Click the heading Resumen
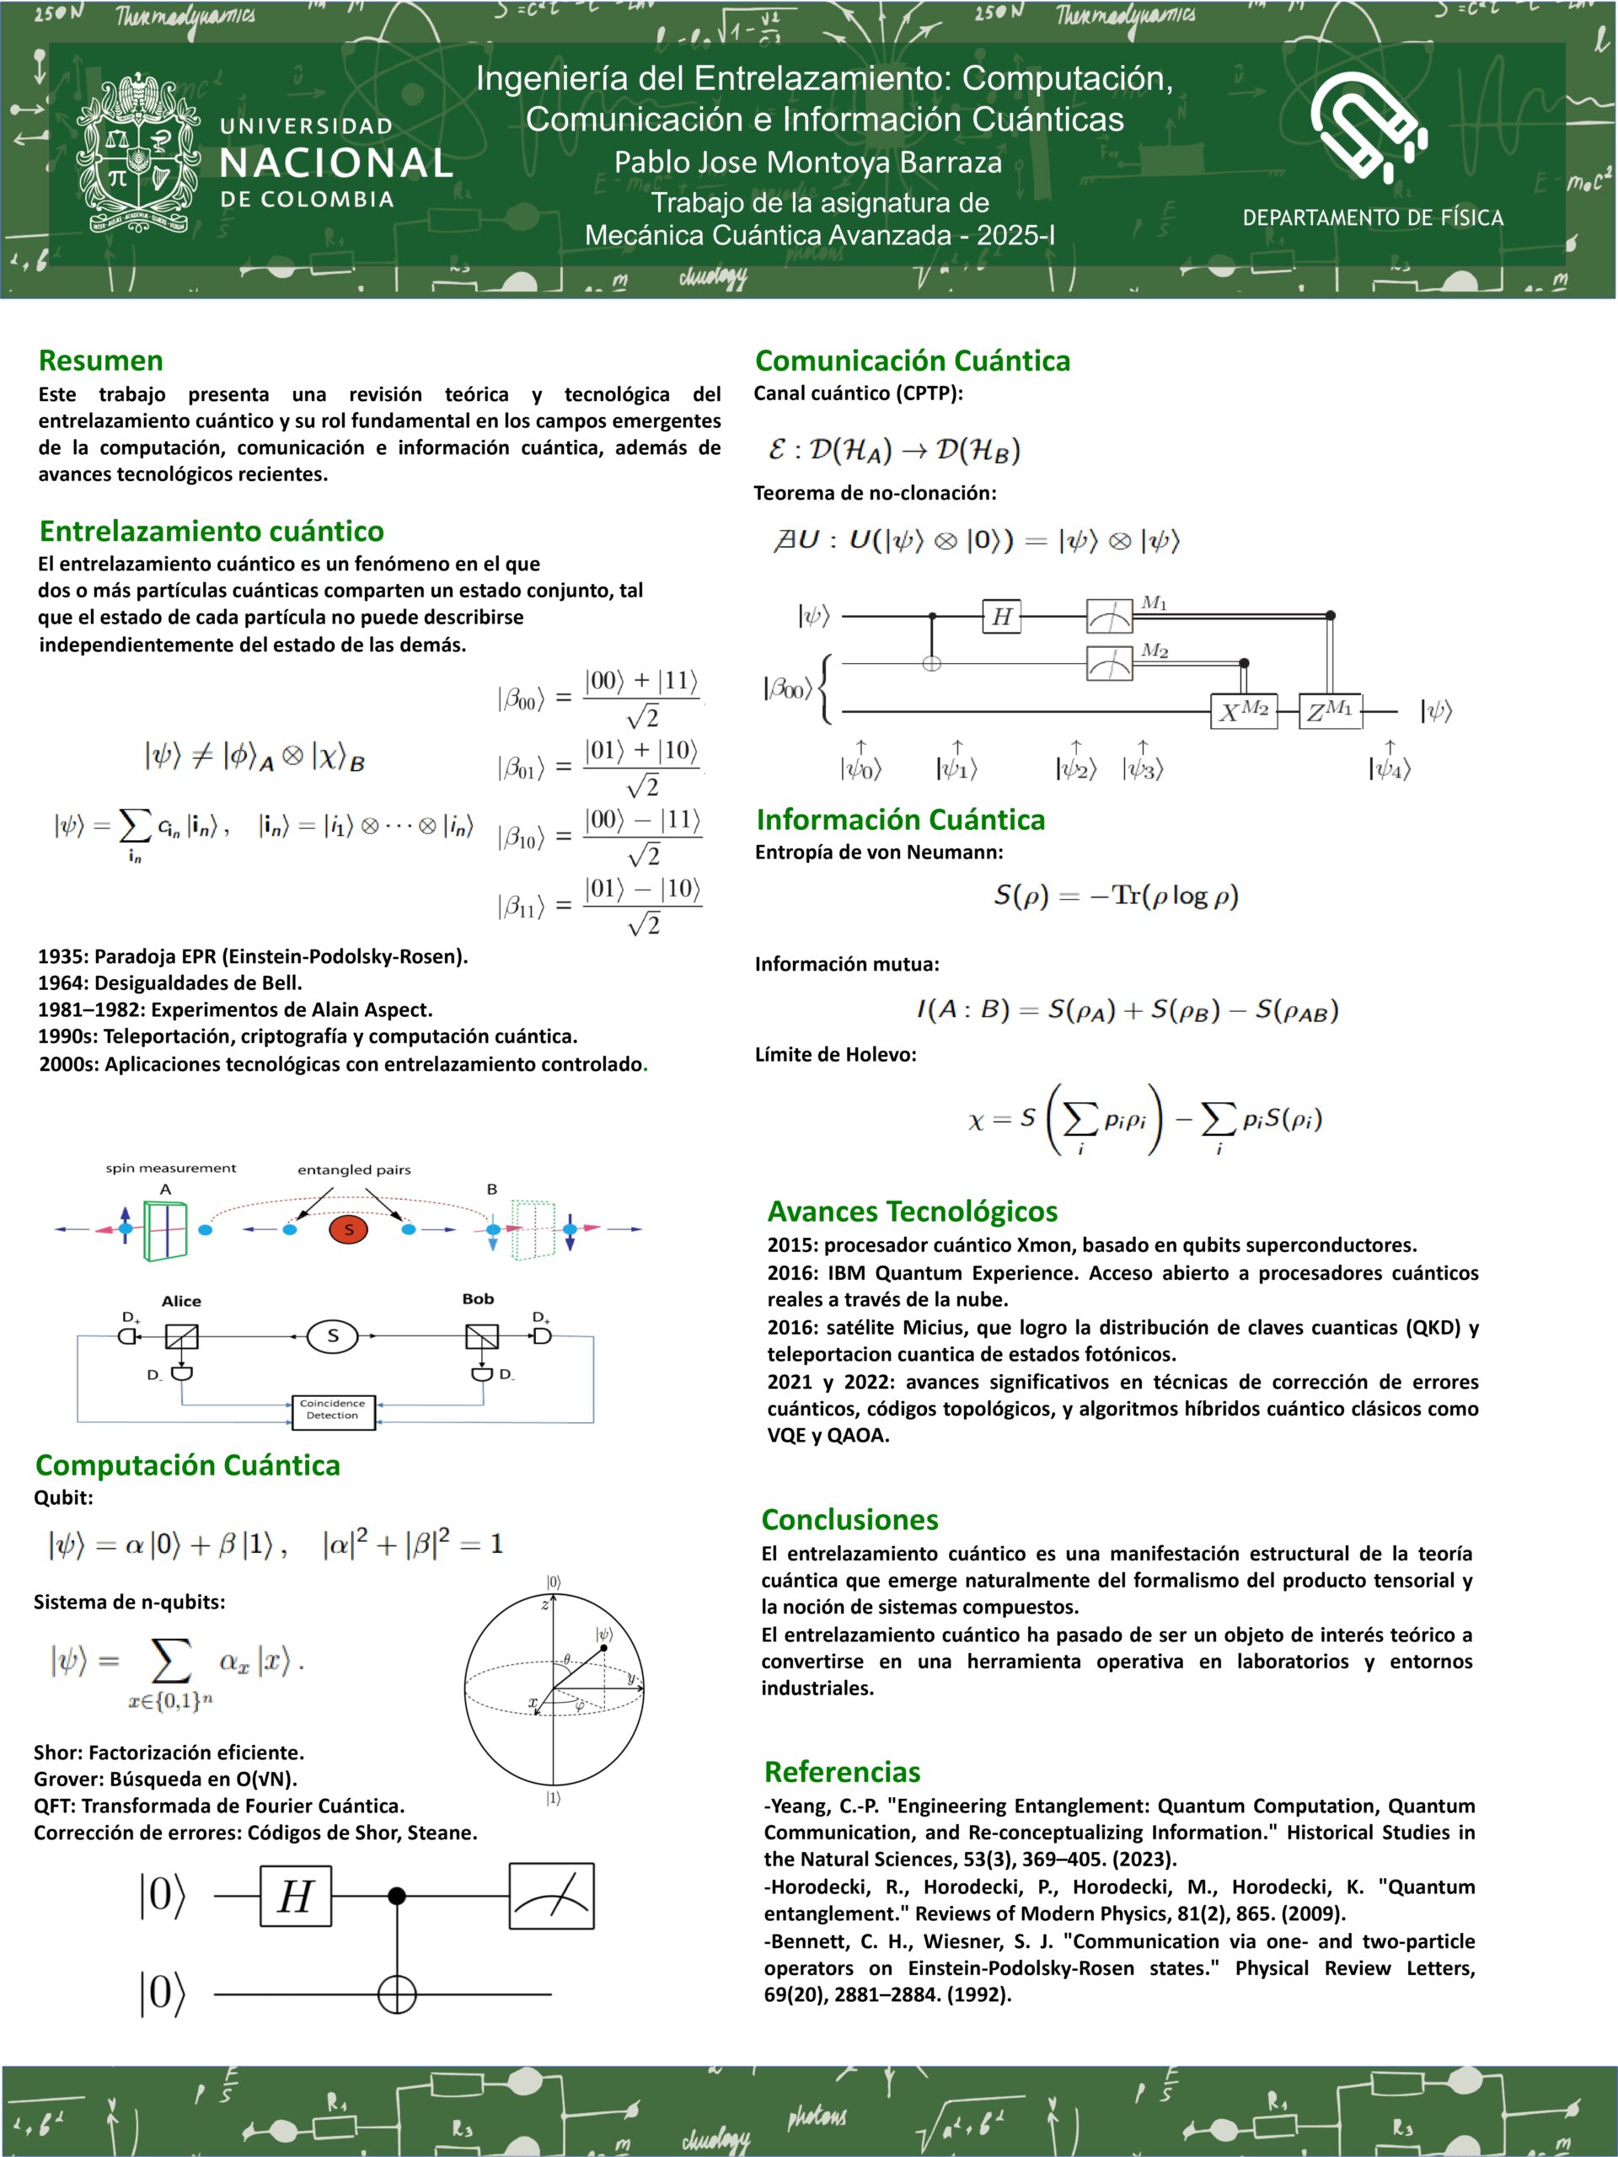pyautogui.click(x=100, y=361)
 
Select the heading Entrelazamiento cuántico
pyautogui.click(x=212, y=532)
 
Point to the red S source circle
pyautogui.click(x=349, y=1229)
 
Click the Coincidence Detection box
pyautogui.click(x=334, y=1410)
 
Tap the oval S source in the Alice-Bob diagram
pyautogui.click(x=333, y=1336)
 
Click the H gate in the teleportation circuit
pyautogui.click(x=1002, y=616)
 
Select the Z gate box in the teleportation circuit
pyautogui.click(x=1331, y=712)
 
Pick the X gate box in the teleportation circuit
pyautogui.click(x=1244, y=712)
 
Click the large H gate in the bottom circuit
pyautogui.click(x=296, y=1897)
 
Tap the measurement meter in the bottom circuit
pyautogui.click(x=551, y=1897)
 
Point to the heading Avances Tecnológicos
pyautogui.click(x=912, y=1211)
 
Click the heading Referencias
pyautogui.click(x=842, y=1772)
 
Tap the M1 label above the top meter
pyautogui.click(x=1154, y=602)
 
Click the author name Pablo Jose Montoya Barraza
pyautogui.click(x=807, y=162)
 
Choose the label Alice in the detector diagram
pyautogui.click(x=181, y=1301)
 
